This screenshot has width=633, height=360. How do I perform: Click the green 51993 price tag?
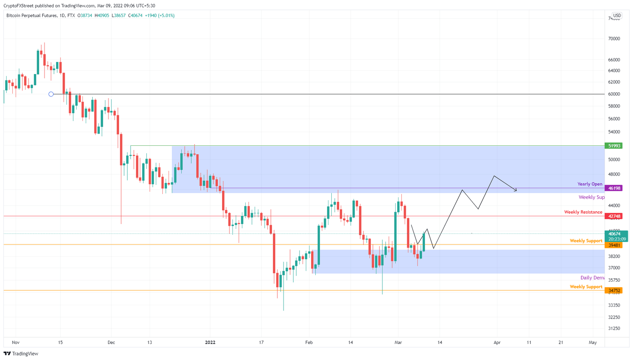coord(613,146)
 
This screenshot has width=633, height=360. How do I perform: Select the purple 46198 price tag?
coord(613,188)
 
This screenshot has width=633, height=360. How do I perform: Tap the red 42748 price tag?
coord(613,216)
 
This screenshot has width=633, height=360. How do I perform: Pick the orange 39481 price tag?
coord(613,245)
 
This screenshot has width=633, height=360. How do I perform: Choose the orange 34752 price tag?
coord(613,290)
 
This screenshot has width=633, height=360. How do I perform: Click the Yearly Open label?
coord(590,184)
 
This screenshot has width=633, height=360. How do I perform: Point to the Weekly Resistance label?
coord(583,212)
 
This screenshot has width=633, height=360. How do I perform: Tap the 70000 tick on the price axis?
coord(614,39)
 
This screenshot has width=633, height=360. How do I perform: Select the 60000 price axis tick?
coord(614,94)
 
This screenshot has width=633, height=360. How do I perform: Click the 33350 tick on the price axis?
coord(614,305)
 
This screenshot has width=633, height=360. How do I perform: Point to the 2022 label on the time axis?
coord(210,342)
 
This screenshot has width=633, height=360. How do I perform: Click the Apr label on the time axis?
coord(497,342)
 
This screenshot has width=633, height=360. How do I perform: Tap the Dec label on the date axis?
coord(111,342)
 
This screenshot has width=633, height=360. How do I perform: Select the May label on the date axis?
coord(593,342)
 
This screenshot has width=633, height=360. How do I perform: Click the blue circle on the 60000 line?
coord(51,94)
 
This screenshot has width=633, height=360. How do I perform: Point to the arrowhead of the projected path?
coord(516,190)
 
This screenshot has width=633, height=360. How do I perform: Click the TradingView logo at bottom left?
coord(21,353)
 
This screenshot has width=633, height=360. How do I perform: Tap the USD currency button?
coord(617,16)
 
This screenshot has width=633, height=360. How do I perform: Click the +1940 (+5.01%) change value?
coord(159,16)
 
